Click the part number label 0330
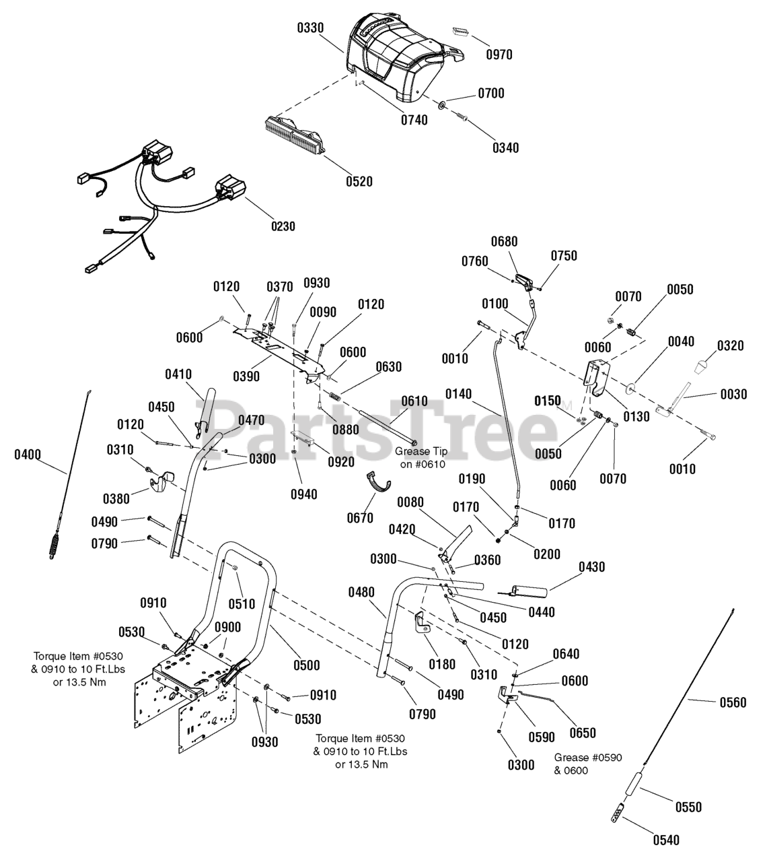[x=310, y=28]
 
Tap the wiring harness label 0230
[x=283, y=226]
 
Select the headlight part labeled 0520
[x=294, y=133]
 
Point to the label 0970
[x=499, y=55]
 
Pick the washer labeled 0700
[x=442, y=104]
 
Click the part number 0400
[x=28, y=455]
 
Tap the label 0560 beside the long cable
[x=733, y=702]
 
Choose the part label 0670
[x=360, y=519]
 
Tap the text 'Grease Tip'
[x=421, y=451]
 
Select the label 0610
[x=414, y=401]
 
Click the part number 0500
[x=307, y=665]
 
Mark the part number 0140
[x=459, y=395]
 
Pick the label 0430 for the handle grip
[x=592, y=567]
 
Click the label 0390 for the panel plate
[x=246, y=376]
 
